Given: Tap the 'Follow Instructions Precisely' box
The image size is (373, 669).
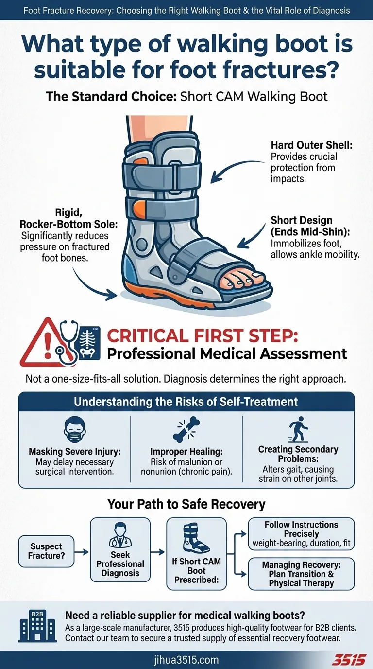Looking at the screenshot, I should click(x=301, y=533).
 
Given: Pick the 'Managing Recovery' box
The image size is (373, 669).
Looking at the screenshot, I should click(x=301, y=574).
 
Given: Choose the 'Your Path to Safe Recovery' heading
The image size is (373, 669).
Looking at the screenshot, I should click(x=186, y=504).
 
